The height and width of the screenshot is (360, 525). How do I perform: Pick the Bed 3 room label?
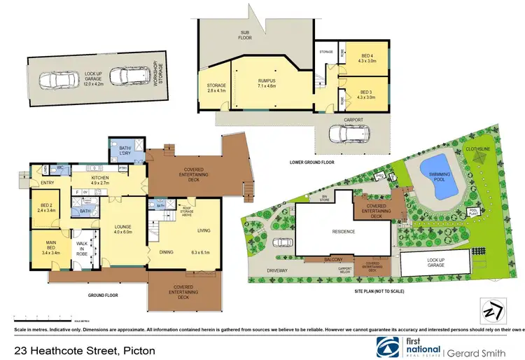point(367,95)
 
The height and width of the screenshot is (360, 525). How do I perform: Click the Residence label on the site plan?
point(339,232)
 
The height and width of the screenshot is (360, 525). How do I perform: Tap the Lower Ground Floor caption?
point(311,162)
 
